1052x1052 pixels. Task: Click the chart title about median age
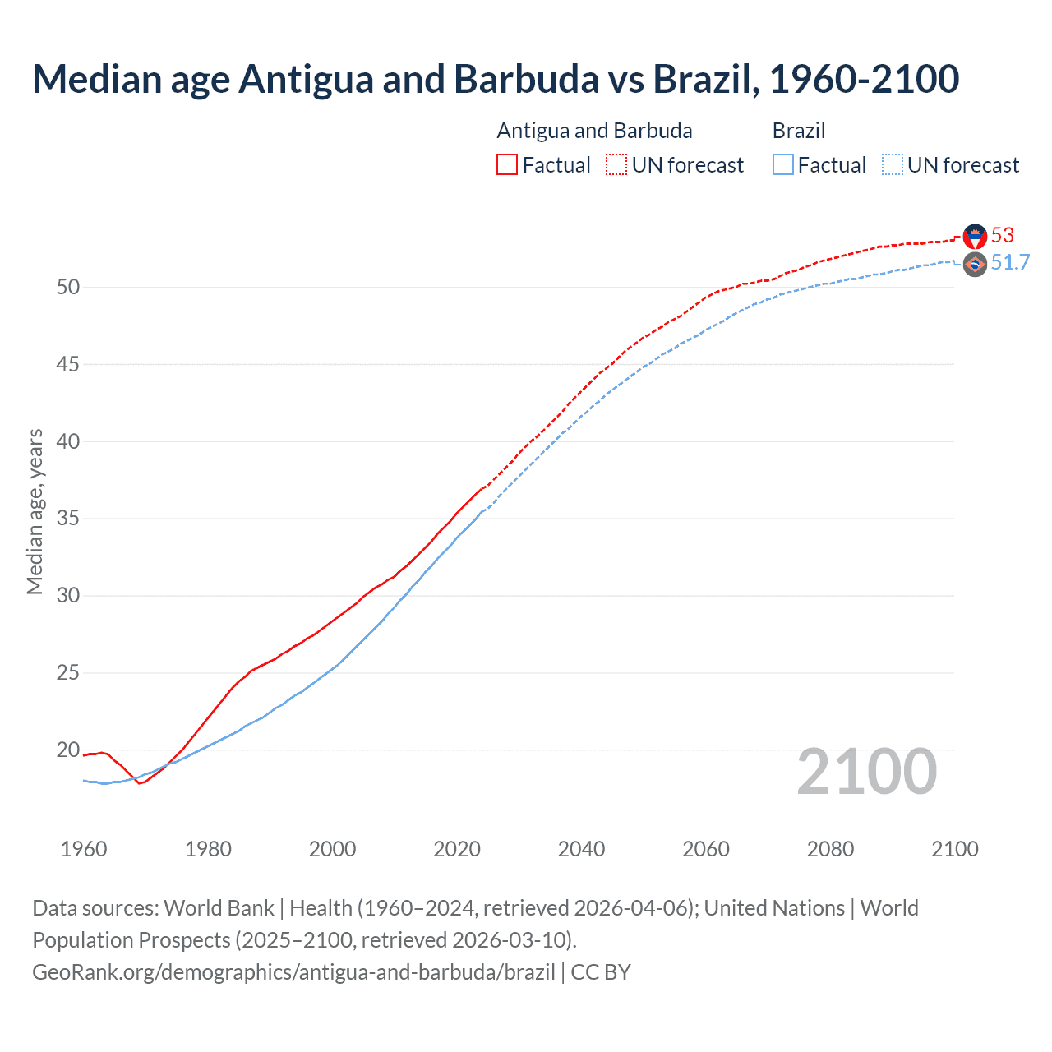point(496,79)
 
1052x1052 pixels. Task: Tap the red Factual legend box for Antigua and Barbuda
point(506,165)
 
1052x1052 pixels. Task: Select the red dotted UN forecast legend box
point(616,165)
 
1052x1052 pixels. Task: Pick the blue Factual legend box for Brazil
point(782,165)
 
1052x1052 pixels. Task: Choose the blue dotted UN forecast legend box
point(892,165)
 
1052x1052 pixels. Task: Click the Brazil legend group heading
point(798,131)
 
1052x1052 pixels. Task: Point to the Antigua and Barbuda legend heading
point(594,131)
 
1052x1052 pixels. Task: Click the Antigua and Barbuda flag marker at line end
point(975,237)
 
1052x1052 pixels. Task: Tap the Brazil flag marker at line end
point(975,264)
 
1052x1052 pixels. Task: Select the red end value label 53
point(1003,236)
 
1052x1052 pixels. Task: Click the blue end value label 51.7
point(1010,263)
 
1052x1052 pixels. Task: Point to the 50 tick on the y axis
point(68,288)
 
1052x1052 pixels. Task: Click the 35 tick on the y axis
point(68,519)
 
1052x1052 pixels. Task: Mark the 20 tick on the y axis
point(68,750)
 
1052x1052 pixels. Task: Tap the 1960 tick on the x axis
point(84,849)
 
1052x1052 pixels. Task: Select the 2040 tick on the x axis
point(581,849)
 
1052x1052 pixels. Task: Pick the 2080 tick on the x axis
point(830,849)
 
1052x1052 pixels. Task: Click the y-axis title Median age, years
point(35,511)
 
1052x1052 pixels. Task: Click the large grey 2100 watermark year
point(866,772)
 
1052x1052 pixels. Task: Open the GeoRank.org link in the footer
point(293,972)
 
